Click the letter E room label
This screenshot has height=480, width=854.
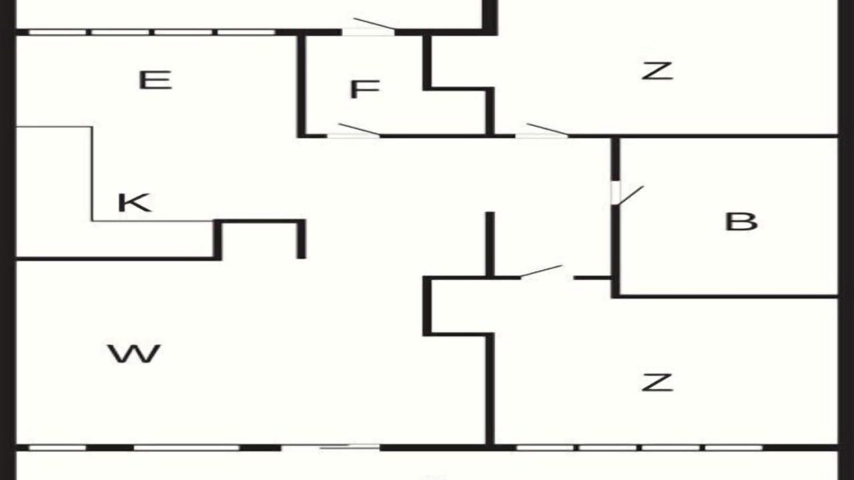[x=155, y=81]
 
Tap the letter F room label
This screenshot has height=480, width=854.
[x=365, y=89]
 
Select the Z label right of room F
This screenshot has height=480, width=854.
[x=657, y=71]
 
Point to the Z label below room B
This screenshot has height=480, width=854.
[x=657, y=382]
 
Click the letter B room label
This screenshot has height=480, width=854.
[x=741, y=221]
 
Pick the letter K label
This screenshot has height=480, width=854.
[x=135, y=203]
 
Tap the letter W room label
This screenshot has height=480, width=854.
[x=134, y=354]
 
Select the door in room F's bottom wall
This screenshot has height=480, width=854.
[x=354, y=131]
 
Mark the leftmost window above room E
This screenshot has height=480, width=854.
[x=58, y=33]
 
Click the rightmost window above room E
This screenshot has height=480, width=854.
[x=246, y=33]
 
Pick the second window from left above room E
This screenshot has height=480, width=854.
[x=120, y=33]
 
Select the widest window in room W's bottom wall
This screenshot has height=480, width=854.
[x=187, y=447]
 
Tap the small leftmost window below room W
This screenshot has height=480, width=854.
[x=57, y=447]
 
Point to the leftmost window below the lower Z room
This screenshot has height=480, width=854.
[x=545, y=447]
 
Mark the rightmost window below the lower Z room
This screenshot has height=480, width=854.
[x=734, y=447]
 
